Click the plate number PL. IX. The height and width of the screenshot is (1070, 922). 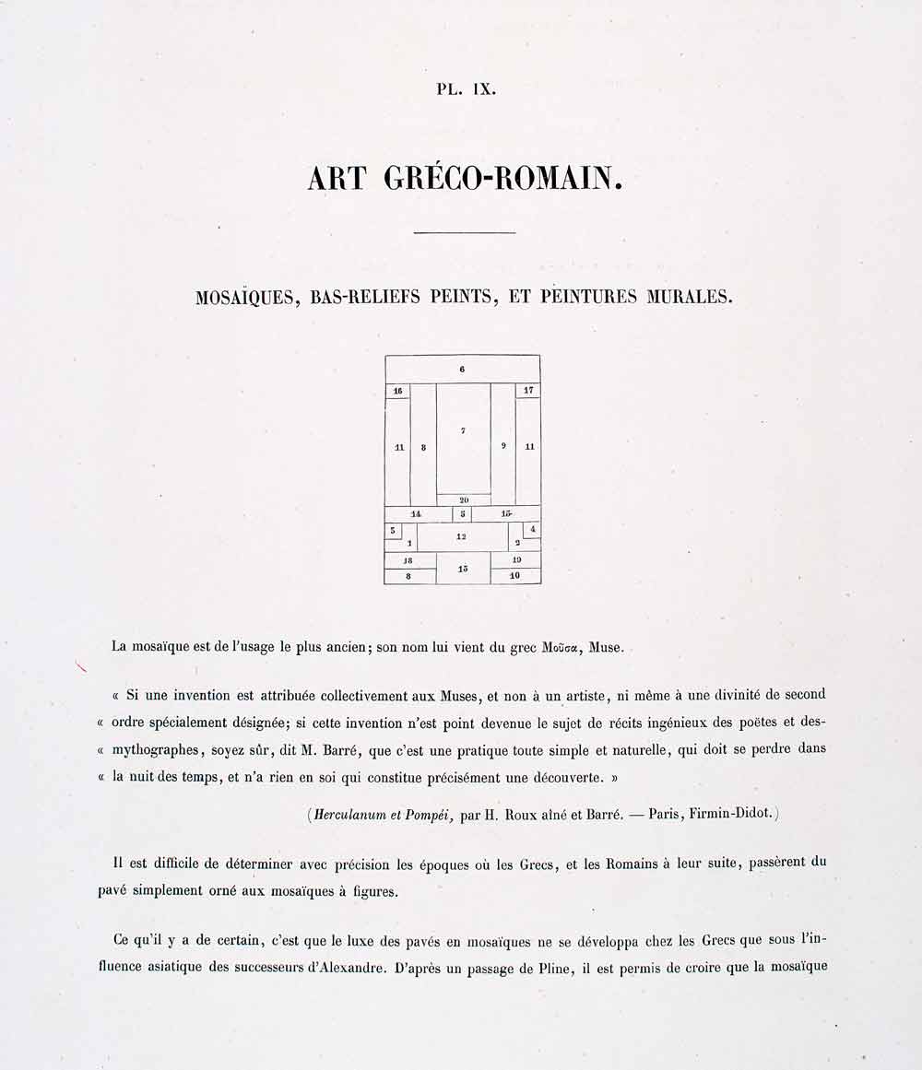point(466,90)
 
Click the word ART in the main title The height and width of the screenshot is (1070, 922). point(337,177)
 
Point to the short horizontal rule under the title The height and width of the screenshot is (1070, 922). point(464,232)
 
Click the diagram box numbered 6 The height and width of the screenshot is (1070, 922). point(462,370)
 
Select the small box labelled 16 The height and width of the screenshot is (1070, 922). point(397,391)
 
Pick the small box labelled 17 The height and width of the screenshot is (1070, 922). point(528,391)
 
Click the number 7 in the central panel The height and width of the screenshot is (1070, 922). point(463,430)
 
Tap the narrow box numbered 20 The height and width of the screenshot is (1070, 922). point(464,500)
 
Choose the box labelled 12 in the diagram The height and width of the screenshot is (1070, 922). point(462,536)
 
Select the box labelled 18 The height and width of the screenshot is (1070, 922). point(409,560)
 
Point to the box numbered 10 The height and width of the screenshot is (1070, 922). point(515,576)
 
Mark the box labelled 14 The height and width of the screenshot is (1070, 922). point(417,513)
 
